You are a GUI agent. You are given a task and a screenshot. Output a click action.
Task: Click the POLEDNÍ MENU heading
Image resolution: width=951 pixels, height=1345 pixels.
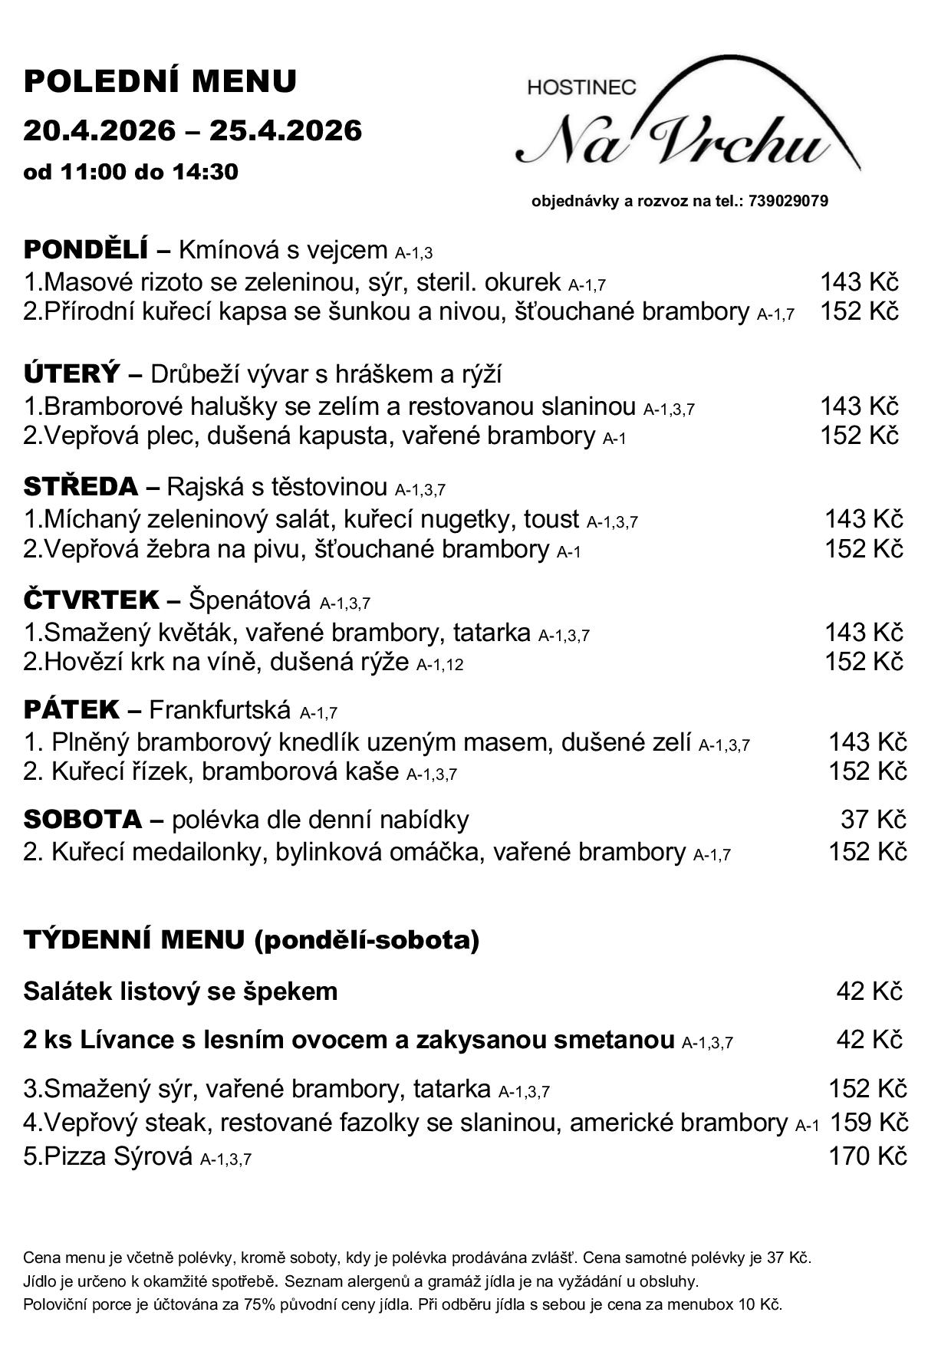[160, 81]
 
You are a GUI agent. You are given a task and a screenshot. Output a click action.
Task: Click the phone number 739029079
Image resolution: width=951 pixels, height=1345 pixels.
[788, 202]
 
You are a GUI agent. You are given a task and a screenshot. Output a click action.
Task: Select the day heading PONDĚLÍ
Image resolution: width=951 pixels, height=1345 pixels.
[85, 249]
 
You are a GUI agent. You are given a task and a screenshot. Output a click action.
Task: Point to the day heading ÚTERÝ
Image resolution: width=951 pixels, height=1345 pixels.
[72, 373]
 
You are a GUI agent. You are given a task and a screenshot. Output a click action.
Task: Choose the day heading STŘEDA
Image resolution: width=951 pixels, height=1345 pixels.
[81, 486]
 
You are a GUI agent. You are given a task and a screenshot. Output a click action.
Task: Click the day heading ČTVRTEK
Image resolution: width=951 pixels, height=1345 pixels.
[91, 600]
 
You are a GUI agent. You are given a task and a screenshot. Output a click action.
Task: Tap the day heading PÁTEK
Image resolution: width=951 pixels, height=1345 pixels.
[71, 709]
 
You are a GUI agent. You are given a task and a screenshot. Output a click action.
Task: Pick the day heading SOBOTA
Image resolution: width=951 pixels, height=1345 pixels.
[83, 819]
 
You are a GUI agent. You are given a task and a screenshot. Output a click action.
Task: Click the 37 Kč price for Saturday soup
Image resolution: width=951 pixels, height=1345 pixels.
[874, 819]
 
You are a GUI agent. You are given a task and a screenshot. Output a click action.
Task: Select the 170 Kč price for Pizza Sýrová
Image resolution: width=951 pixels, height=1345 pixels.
[867, 1156]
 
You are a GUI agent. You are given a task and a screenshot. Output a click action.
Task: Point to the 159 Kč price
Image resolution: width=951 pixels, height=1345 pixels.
[869, 1123]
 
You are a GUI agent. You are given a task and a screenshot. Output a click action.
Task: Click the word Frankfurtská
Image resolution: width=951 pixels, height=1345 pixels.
[220, 710]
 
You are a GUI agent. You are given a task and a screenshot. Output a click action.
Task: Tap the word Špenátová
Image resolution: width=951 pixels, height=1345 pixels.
[250, 600]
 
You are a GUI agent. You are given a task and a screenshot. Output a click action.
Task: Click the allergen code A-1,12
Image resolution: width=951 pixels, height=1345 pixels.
[439, 664]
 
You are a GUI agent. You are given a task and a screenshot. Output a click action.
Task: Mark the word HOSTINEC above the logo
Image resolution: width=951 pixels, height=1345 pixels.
[581, 87]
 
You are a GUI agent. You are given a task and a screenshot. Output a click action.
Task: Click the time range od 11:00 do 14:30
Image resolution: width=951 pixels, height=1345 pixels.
[130, 172]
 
